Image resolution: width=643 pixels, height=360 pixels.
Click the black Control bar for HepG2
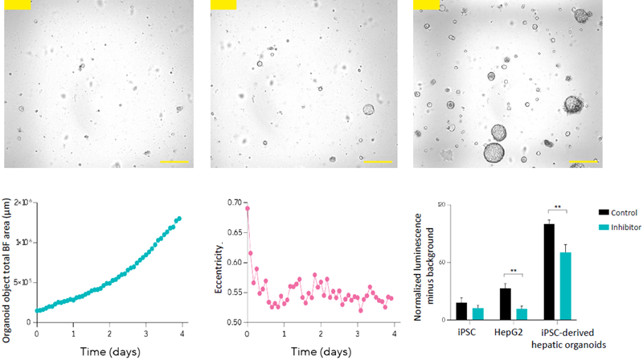506,304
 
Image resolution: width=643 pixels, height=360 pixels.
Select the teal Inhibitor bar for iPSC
478,313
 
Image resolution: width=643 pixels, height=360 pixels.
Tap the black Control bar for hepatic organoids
549,272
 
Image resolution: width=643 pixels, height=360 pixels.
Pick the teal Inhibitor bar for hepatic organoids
565,286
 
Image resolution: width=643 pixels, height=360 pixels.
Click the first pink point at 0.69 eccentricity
247,208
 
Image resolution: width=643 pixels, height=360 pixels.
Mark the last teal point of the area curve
179,218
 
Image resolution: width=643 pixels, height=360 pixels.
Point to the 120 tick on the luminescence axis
440,205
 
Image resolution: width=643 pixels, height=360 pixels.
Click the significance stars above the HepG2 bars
513,271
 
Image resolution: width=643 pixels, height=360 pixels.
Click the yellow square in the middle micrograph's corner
220,5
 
